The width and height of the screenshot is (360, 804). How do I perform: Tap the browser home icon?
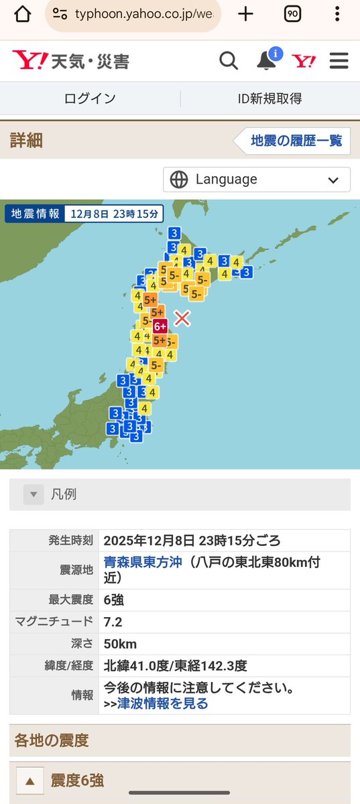pyautogui.click(x=22, y=14)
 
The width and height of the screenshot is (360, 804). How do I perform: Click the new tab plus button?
pyautogui.click(x=246, y=14)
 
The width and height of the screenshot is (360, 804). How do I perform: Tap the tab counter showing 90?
pyautogui.click(x=292, y=14)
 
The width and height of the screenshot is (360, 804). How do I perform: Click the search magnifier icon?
pyautogui.click(x=229, y=61)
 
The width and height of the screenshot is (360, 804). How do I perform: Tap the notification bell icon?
pyautogui.click(x=267, y=61)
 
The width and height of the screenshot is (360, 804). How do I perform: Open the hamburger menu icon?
pyautogui.click(x=339, y=61)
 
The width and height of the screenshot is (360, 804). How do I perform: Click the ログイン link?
pyautogui.click(x=90, y=98)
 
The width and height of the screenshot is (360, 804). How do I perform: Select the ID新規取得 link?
pyautogui.click(x=269, y=98)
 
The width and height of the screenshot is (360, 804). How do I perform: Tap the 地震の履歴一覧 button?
pyautogui.click(x=296, y=141)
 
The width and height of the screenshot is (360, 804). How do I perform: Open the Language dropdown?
pyautogui.click(x=257, y=180)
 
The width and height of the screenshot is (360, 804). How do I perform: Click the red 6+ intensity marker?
pyautogui.click(x=160, y=326)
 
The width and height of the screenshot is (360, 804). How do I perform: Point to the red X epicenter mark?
pyautogui.click(x=182, y=318)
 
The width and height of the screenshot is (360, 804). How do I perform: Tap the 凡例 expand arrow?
pyautogui.click(x=34, y=494)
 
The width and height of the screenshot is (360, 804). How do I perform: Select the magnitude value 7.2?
pyautogui.click(x=113, y=622)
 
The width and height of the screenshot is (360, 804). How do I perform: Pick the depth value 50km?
pyautogui.click(x=120, y=644)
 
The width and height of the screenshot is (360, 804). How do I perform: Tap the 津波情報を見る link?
pyautogui.click(x=162, y=703)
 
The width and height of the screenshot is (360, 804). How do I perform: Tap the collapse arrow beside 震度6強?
pyautogui.click(x=29, y=781)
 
